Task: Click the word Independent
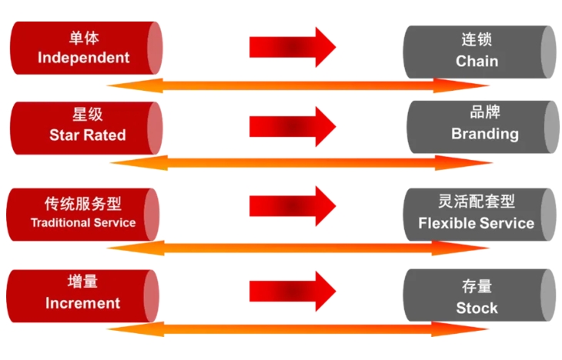pos(83,58)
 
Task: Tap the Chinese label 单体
pos(83,37)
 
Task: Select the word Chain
pos(477,61)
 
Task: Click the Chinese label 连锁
pos(477,39)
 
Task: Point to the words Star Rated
pos(87,135)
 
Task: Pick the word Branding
pos(484,133)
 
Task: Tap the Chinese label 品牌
pos(484,112)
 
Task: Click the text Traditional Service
pos(83,222)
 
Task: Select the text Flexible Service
pos(476,223)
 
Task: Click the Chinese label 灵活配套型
pos(476,202)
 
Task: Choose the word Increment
pos(82,303)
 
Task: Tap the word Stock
pos(477,308)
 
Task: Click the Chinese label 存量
pos(477,287)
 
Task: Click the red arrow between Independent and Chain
pos(292,47)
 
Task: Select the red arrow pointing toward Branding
pos(292,122)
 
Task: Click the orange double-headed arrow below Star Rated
pos(300,162)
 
